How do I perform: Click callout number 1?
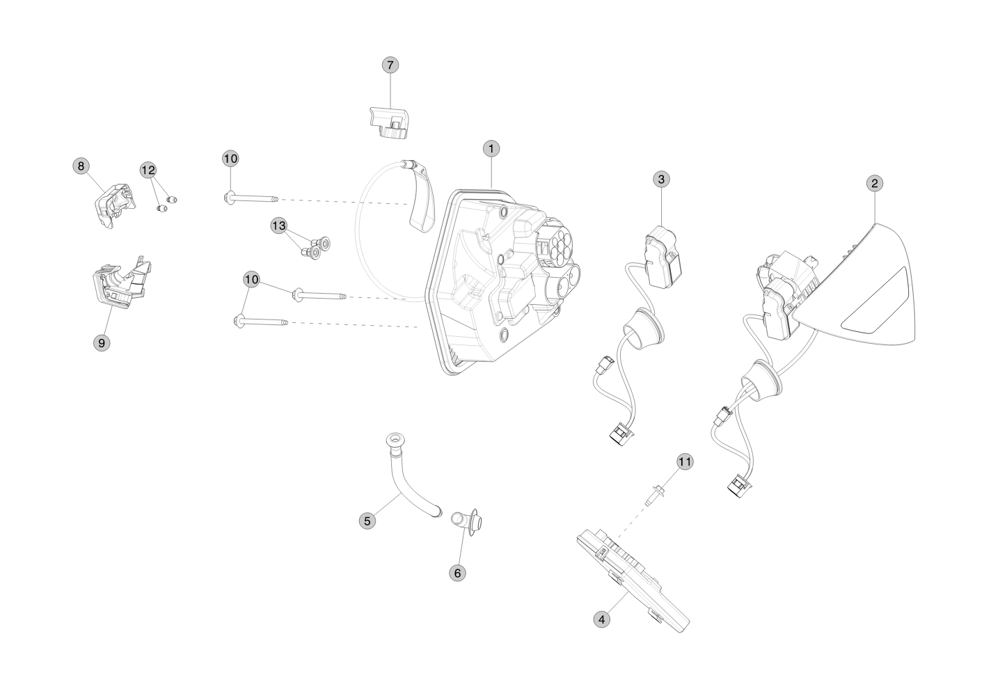pos(491,148)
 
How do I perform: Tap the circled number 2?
pos(875,183)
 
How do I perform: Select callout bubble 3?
pos(661,179)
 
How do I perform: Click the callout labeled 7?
pos(390,65)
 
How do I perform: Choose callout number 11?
pos(685,461)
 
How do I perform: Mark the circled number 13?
pos(278,226)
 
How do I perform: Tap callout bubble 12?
pos(148,169)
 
